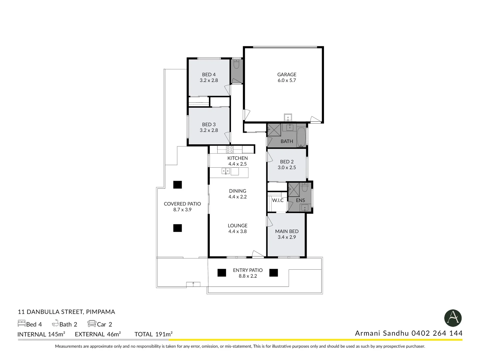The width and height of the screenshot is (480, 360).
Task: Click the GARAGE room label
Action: coord(287,75)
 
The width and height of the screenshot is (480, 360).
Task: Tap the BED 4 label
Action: coord(209,75)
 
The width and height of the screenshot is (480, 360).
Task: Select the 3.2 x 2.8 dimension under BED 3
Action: coord(209,130)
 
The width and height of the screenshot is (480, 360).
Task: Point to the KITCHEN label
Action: coord(237,158)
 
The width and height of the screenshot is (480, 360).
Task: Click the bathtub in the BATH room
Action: coord(301,137)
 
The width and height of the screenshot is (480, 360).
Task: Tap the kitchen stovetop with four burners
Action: coord(230,149)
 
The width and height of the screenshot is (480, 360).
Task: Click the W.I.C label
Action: coord(278,200)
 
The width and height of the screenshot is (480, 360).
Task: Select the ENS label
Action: coord(300,200)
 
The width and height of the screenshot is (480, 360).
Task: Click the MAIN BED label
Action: coord(287,231)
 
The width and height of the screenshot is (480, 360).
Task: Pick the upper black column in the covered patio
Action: coord(177,184)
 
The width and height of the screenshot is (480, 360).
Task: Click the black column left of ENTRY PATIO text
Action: coord(222,273)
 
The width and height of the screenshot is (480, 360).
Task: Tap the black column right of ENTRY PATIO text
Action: coord(273,273)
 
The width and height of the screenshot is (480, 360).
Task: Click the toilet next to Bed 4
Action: coord(236,64)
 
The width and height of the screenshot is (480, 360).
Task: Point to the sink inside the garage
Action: coord(288,117)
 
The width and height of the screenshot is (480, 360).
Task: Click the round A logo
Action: coord(453,318)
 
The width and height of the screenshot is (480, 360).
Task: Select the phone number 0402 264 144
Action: coord(437,333)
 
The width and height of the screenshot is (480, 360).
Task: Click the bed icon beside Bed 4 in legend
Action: coord(21,323)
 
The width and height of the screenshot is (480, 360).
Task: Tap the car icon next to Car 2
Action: coord(92,323)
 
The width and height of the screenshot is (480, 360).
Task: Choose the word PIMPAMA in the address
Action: coord(100,312)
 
